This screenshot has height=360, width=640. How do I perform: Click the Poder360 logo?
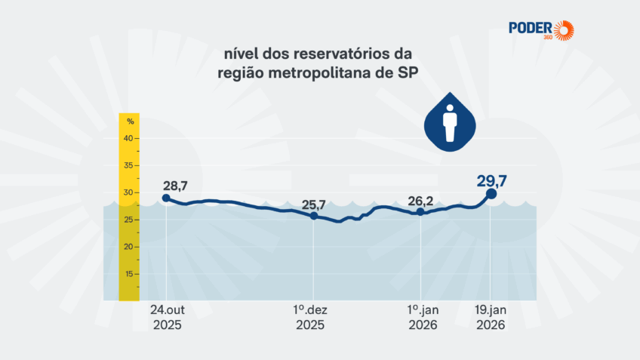(541, 29)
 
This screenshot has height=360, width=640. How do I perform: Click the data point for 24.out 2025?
(166, 198)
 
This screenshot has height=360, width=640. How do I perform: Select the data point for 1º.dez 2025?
(313, 216)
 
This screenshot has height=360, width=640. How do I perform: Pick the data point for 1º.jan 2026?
(420, 211)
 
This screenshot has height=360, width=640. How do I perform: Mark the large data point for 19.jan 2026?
(491, 194)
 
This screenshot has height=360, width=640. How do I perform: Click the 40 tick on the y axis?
(128, 138)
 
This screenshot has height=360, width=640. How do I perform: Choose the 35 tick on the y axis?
(128, 165)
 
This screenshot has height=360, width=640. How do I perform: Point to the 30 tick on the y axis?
(128, 192)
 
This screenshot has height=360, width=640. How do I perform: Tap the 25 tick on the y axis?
(128, 220)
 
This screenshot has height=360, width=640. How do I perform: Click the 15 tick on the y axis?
(128, 274)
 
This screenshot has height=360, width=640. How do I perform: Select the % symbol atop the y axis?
(130, 121)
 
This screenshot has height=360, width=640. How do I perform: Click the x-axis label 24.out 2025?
(166, 317)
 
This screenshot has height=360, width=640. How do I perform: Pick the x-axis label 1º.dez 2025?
(309, 317)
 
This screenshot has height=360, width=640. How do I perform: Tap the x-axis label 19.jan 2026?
(490, 317)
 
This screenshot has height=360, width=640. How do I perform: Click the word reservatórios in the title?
(337, 54)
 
